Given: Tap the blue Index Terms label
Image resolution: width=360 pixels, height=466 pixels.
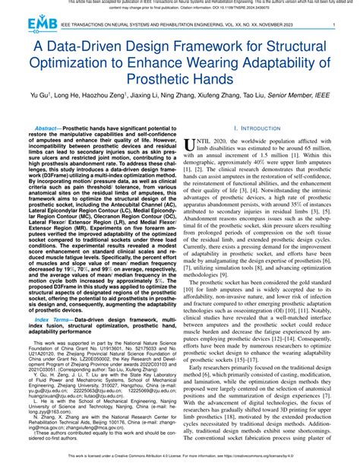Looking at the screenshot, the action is [x=49, y=321].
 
